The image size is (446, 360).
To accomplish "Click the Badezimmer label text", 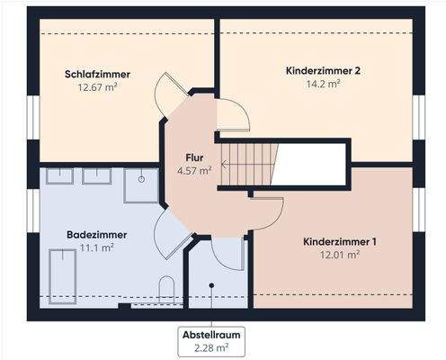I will click(96, 234).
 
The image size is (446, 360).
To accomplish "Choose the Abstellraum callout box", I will click(211, 341).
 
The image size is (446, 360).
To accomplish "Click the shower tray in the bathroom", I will click(142, 184).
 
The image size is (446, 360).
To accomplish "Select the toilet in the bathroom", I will click(166, 290).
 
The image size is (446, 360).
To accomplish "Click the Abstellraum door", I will click(227, 254).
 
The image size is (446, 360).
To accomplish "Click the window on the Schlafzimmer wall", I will click(32, 117).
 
